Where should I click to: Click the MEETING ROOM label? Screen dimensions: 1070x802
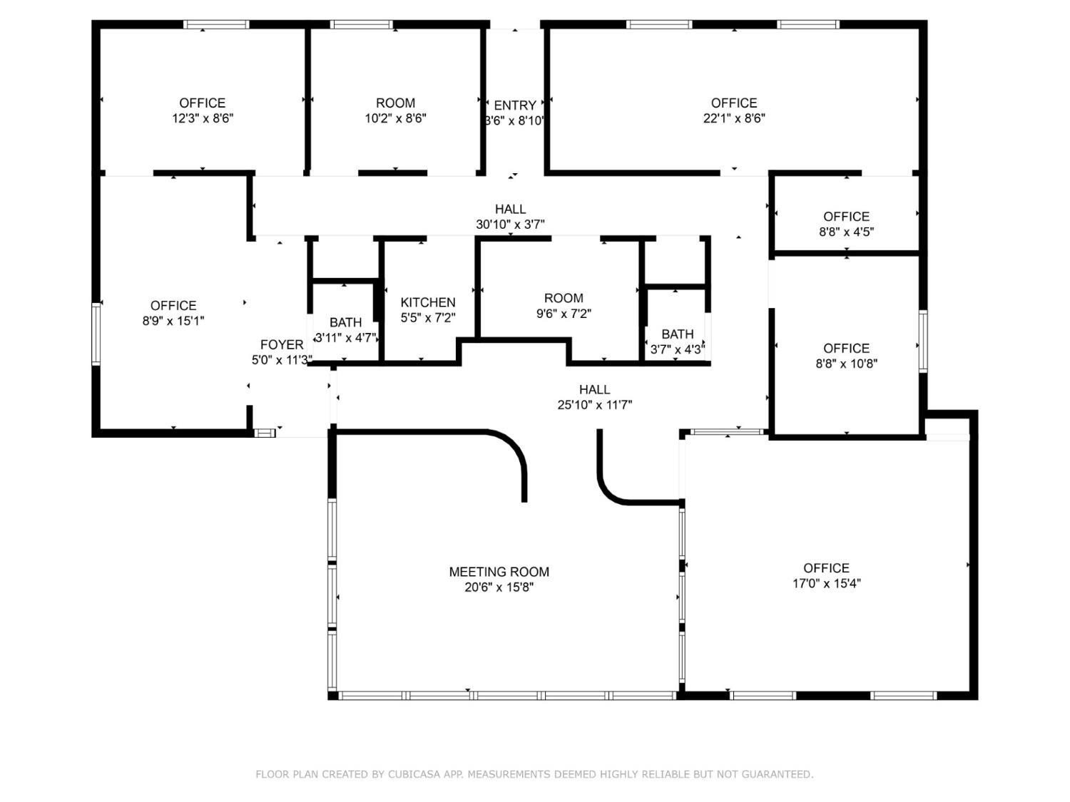[499, 572]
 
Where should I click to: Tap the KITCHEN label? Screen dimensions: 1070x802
[427, 302]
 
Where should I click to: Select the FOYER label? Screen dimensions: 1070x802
[282, 345]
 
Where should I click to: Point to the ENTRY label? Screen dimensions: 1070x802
[515, 106]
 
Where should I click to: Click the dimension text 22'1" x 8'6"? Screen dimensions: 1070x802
[733, 118]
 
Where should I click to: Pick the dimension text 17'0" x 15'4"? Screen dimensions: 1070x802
[826, 583]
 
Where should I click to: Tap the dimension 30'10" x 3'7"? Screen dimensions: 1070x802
[510, 225]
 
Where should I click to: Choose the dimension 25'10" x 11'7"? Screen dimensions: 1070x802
[595, 405]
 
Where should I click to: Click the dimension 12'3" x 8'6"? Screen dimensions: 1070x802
[203, 118]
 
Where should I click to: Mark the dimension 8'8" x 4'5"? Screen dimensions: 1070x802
[846, 232]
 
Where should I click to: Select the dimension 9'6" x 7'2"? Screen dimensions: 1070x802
[564, 314]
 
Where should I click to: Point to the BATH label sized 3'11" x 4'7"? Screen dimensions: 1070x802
[346, 322]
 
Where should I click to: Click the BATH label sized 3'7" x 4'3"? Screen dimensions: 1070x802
[678, 334]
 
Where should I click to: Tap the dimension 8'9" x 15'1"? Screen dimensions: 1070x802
[173, 321]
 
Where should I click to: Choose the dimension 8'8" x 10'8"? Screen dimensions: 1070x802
[846, 364]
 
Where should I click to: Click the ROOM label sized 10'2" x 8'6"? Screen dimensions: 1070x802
[395, 103]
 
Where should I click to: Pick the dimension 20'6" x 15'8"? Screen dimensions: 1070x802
[499, 587]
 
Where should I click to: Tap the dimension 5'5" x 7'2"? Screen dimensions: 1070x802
[427, 318]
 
